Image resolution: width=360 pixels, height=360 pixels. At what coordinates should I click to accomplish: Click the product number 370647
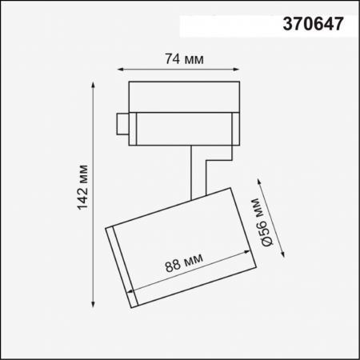(x=314, y=24)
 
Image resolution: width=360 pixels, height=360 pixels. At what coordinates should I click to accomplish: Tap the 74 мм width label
(x=182, y=58)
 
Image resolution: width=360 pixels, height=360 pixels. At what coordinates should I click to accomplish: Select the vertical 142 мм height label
(x=82, y=192)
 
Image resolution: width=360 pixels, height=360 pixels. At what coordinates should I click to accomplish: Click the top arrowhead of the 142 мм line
(x=96, y=82)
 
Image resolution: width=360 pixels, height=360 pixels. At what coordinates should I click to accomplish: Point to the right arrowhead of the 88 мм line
(x=246, y=256)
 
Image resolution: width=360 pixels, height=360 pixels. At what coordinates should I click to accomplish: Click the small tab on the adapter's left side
(x=122, y=125)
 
